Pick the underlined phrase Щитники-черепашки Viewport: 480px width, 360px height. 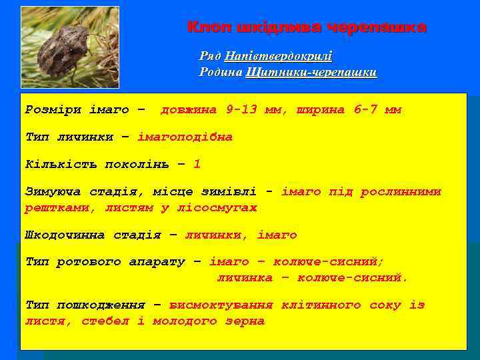click(x=311, y=72)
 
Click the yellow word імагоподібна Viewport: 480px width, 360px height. click(x=185, y=137)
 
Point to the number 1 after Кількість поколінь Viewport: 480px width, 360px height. click(x=197, y=164)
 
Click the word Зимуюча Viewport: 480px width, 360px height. click(x=52, y=192)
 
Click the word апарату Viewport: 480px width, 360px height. click(x=157, y=262)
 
